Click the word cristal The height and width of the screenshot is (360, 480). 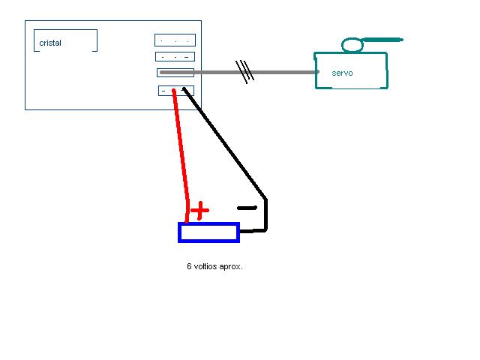(x=50, y=43)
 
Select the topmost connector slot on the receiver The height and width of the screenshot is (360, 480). (x=175, y=40)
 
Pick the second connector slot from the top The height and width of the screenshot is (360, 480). (x=175, y=56)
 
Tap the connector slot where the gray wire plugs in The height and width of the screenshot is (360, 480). (x=175, y=73)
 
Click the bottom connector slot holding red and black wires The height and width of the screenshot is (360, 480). (x=175, y=91)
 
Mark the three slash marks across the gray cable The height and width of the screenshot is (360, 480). (x=245, y=71)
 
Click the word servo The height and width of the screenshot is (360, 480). (x=342, y=73)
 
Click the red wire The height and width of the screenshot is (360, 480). (x=181, y=150)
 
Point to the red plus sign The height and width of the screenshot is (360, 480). (x=199, y=211)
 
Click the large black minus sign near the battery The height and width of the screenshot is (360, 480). (x=247, y=208)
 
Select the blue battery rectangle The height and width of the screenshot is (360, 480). (x=208, y=232)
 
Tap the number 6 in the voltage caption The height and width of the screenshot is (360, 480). (x=189, y=266)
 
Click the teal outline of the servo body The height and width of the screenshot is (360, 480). (x=316, y=71)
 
